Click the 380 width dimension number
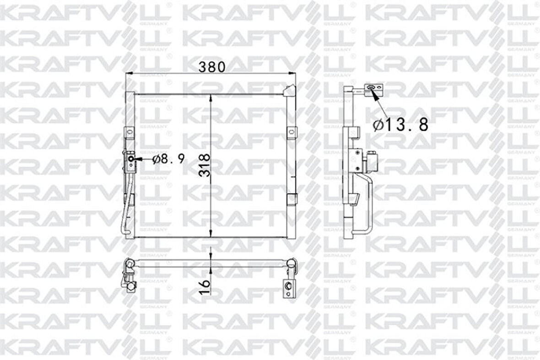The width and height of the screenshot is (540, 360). [x=211, y=67]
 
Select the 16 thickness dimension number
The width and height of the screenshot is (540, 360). [x=205, y=287]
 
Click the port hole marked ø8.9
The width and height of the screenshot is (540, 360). [x=131, y=159]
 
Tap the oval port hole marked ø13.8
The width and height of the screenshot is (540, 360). [x=371, y=87]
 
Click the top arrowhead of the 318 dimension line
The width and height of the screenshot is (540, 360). [x=210, y=97]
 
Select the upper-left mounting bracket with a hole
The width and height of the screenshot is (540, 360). [x=129, y=132]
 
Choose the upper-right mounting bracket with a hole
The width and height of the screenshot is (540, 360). [x=290, y=132]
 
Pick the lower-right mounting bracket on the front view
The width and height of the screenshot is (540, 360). [x=290, y=200]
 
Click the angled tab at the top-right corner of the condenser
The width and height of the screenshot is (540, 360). [x=289, y=90]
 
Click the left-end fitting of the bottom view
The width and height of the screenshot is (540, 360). [x=129, y=275]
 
